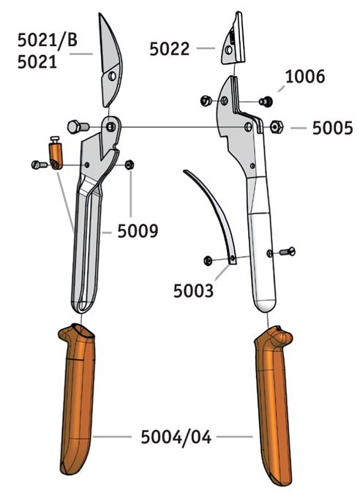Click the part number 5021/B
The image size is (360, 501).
click(x=48, y=40)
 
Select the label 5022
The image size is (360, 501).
click(x=170, y=49)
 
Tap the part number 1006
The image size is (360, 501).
click(x=304, y=77)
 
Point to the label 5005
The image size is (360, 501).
click(x=332, y=128)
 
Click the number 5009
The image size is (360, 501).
click(x=138, y=231)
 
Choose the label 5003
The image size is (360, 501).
click(x=193, y=291)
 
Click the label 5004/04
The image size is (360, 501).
click(x=176, y=437)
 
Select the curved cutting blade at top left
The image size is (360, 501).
click(x=110, y=61)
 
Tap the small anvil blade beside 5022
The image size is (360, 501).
click(x=233, y=40)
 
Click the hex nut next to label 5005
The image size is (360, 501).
click(x=277, y=127)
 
